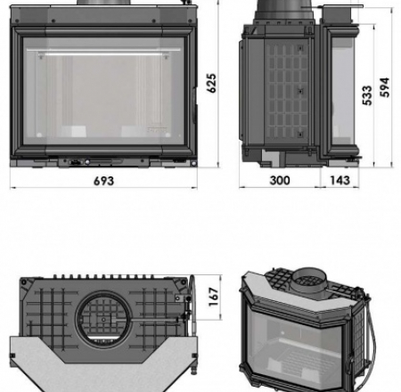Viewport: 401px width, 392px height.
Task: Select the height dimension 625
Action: (x=212, y=82)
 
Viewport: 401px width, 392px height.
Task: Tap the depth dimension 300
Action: (x=279, y=180)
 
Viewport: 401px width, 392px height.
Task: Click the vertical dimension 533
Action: (x=367, y=96)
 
